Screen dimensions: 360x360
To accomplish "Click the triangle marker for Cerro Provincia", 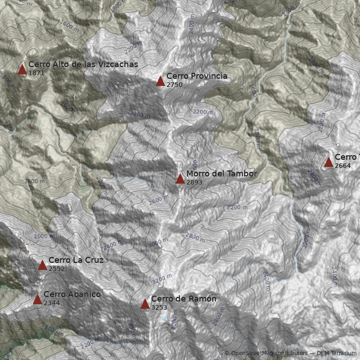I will [160, 81].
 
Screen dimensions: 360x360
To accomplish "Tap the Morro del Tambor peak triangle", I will [180, 179].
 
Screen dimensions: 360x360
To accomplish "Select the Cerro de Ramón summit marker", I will [145, 304].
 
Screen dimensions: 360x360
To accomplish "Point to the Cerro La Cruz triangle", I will [42, 265].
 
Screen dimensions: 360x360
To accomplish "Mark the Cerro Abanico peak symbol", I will [37, 299].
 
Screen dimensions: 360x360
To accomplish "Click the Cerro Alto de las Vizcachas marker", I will [22, 69].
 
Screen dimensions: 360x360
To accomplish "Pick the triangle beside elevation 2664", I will [328, 162].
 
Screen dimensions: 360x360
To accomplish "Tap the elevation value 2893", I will [194, 183].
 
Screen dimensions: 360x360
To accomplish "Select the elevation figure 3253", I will [159, 308].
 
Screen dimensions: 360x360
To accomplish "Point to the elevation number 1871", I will [36, 73].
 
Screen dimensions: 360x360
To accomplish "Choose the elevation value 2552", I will [57, 269].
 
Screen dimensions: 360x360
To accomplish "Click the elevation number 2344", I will [52, 303].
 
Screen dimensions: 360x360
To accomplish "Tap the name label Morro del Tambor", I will [221, 174].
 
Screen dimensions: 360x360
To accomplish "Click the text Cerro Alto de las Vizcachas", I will [83, 64].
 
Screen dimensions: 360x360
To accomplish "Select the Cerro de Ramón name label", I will [184, 299].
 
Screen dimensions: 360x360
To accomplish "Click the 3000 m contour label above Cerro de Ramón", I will [158, 243].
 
